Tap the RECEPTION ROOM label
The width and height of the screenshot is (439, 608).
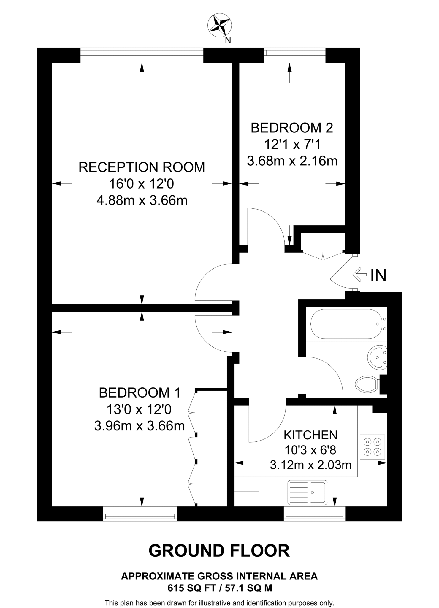pos(142,167)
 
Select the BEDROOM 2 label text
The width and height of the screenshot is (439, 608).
pos(292,128)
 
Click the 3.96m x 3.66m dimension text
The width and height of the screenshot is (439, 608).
pos(139,426)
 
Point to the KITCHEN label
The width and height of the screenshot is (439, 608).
pos(310,435)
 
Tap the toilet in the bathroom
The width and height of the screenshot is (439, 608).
pos(366,384)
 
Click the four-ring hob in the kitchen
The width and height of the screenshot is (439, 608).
pos(372,447)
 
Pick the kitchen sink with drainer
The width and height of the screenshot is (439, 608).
pos(307,492)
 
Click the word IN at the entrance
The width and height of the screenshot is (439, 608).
pos(378,275)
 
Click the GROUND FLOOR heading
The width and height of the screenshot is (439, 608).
pos(219,551)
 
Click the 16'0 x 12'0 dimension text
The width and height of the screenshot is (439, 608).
pos(142,184)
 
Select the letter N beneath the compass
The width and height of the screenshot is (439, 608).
pos(228,40)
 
